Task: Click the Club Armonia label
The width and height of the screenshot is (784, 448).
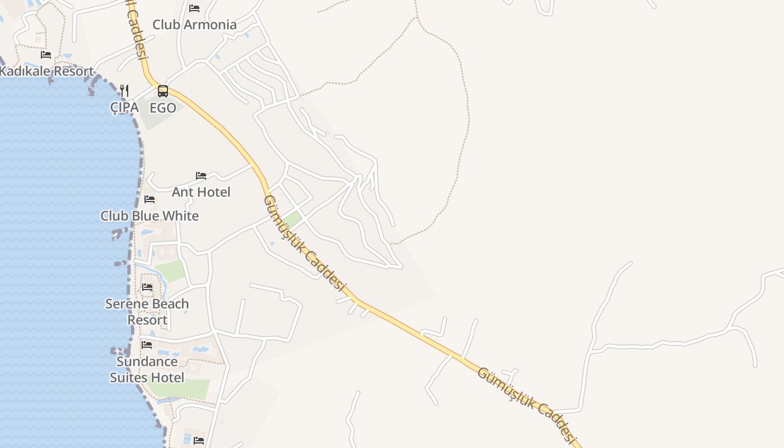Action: coord(194,25)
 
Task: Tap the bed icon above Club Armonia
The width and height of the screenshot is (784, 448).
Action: coord(194,8)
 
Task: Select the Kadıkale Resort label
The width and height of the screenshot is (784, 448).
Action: coord(46,71)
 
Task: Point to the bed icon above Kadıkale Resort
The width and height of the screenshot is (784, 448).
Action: coord(46,55)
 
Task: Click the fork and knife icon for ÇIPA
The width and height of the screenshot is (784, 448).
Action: coord(124,91)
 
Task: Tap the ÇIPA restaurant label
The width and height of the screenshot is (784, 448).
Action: coord(124,108)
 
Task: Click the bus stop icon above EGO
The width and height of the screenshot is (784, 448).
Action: coord(163,91)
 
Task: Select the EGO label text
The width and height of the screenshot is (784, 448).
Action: coord(163,108)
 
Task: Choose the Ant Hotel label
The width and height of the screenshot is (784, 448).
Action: coord(201,192)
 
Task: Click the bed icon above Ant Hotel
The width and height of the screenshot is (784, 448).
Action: coord(201,176)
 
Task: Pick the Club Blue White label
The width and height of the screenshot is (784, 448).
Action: coord(150,216)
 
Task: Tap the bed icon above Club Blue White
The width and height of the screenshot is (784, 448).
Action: coord(150,199)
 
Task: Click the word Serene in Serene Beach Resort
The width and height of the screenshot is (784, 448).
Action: coord(125,304)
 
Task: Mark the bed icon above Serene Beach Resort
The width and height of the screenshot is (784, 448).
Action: coord(147,287)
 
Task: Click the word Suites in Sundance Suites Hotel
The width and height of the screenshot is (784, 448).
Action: coord(130,377)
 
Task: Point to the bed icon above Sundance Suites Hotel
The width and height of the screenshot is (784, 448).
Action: coord(147,345)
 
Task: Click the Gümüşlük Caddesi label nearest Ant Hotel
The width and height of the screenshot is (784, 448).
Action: coord(303,242)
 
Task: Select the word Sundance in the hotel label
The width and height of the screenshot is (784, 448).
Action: coord(147,361)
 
